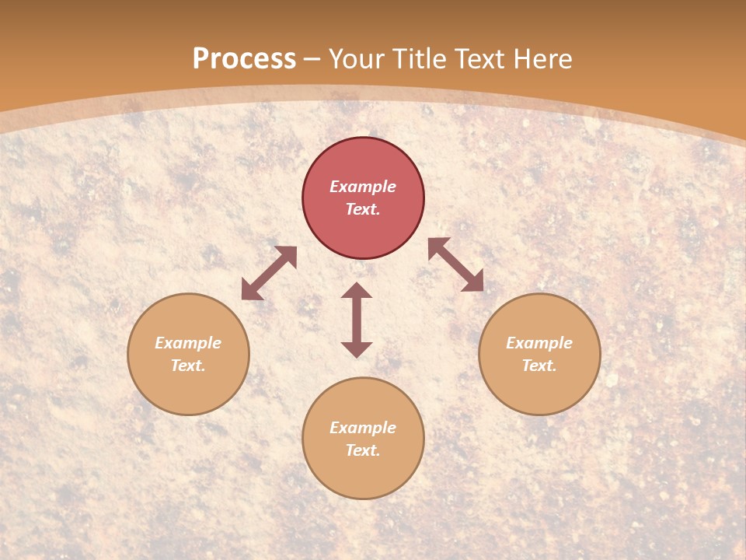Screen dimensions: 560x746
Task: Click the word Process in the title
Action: (x=244, y=59)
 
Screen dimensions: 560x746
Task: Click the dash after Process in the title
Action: (x=312, y=60)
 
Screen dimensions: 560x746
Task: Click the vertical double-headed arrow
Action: (x=357, y=320)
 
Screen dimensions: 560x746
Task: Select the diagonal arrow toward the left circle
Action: (x=269, y=273)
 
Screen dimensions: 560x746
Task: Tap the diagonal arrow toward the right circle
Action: (x=455, y=264)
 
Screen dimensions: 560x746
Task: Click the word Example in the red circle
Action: (x=363, y=187)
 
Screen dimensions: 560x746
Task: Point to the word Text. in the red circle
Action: (x=363, y=209)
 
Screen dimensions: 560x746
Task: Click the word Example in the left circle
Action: (x=188, y=343)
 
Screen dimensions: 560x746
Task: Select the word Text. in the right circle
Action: (x=539, y=366)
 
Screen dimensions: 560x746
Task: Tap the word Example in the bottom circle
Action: (x=363, y=428)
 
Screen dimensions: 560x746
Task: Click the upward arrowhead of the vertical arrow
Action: (x=357, y=291)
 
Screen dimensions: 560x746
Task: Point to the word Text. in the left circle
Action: (x=188, y=366)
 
